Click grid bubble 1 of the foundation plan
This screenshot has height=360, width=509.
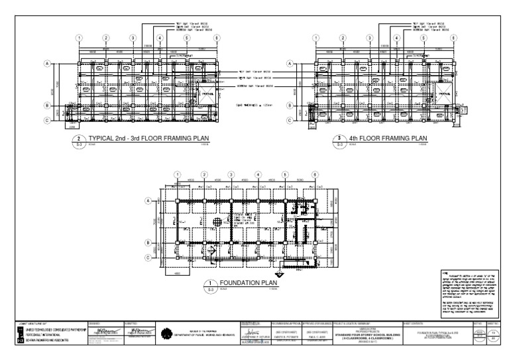pyautogui.click(x=178, y=174)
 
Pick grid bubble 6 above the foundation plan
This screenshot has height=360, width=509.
pyautogui.click(x=315, y=174)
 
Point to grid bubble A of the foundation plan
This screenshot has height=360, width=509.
pyautogui.click(x=149, y=200)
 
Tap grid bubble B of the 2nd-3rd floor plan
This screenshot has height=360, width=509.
pyautogui.click(x=48, y=105)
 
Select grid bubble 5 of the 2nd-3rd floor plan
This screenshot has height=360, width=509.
pyautogui.click(x=187, y=38)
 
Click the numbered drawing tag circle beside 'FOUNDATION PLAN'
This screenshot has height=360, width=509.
pyautogui.click(x=209, y=285)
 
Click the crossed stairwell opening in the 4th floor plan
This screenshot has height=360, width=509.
pyautogui.click(x=443, y=95)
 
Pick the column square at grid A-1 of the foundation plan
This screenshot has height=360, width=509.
pyautogui.click(x=178, y=200)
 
